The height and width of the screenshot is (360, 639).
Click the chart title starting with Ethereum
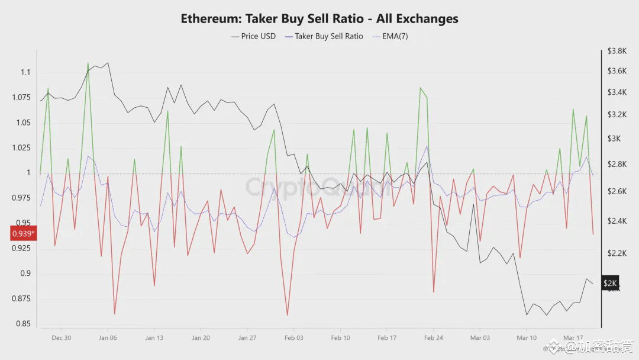[x=319, y=18]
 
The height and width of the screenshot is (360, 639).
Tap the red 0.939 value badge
[x=23, y=234]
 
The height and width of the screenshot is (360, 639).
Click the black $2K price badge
[x=610, y=284]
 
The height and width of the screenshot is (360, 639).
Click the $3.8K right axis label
[x=617, y=52]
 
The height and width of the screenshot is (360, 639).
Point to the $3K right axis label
[x=613, y=139]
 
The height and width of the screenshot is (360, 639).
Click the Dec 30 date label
[x=61, y=338]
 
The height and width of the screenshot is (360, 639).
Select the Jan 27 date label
[x=247, y=338]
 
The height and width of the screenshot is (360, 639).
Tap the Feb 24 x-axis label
[x=434, y=338]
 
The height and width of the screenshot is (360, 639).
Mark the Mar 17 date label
[x=573, y=338]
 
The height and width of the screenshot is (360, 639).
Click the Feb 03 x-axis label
[x=293, y=338]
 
